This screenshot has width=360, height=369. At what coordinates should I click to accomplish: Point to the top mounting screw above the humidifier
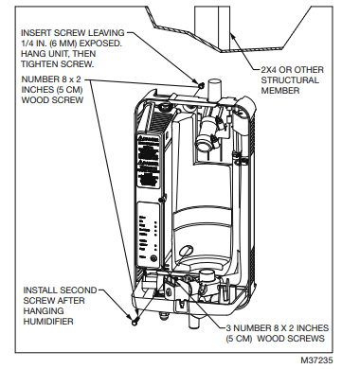[203, 84]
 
